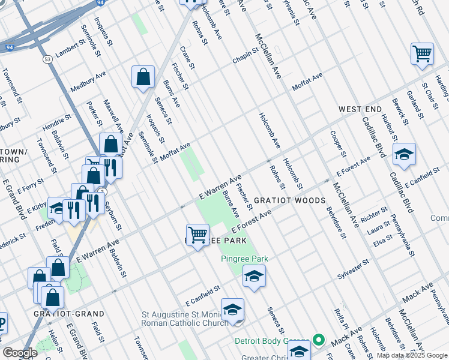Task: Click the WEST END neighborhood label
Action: [x=360, y=109]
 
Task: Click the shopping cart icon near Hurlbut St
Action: [x=422, y=54]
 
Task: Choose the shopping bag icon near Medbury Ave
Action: [x=143, y=77]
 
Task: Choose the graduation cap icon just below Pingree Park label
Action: [x=254, y=276]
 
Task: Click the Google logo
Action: [x=20, y=353]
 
